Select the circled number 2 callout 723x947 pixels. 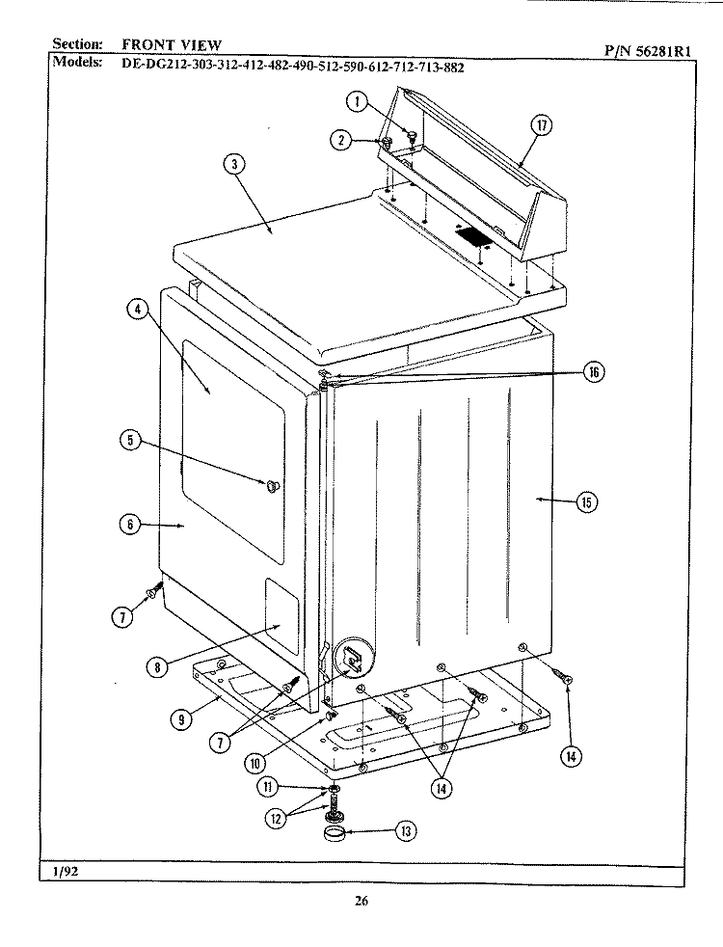click(x=340, y=140)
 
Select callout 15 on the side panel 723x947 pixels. click(x=586, y=501)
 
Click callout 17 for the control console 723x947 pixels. click(x=544, y=124)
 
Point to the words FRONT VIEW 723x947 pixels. click(x=172, y=44)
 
